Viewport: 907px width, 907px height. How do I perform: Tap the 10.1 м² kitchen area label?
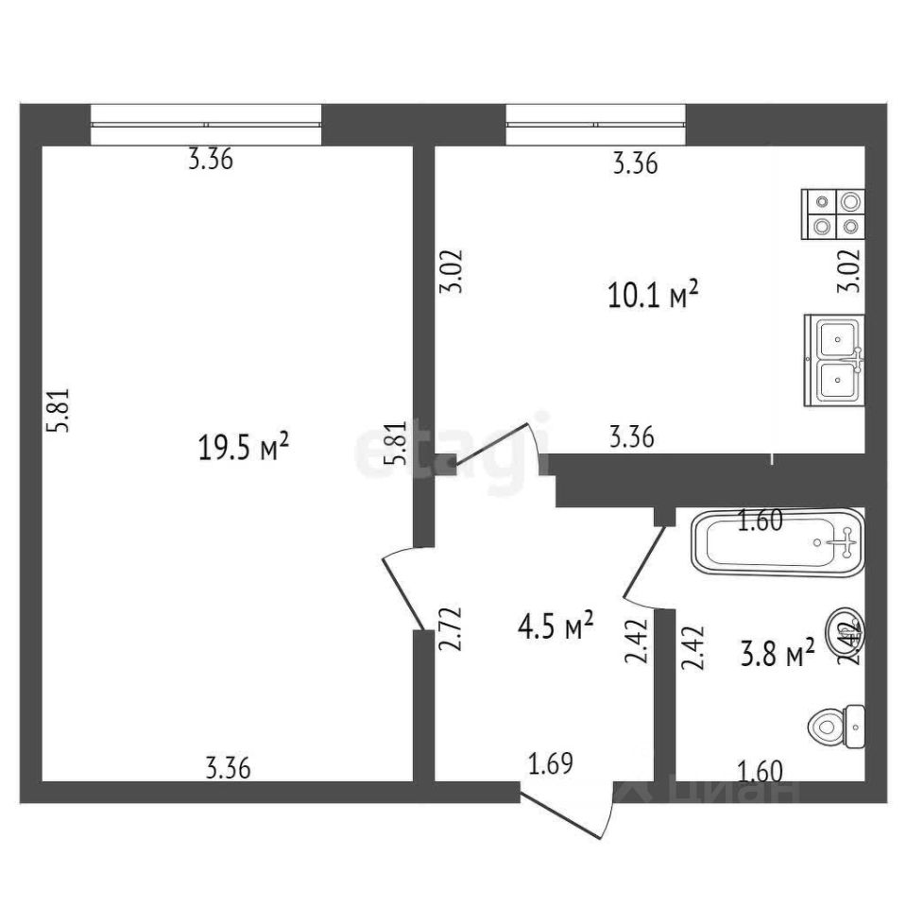pos(653,297)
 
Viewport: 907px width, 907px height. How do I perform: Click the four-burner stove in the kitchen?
pos(833,214)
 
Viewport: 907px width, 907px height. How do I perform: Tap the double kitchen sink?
pos(833,360)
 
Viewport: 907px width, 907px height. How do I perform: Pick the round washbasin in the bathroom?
pos(845,629)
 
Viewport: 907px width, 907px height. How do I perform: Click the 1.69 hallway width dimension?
pos(550,762)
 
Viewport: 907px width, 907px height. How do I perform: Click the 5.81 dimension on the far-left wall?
pos(60,413)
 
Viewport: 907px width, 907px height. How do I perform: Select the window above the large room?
pos(206,125)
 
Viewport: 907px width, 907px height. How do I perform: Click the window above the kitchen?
pos(595,125)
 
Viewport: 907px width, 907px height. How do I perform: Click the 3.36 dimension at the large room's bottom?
pos(227,769)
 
